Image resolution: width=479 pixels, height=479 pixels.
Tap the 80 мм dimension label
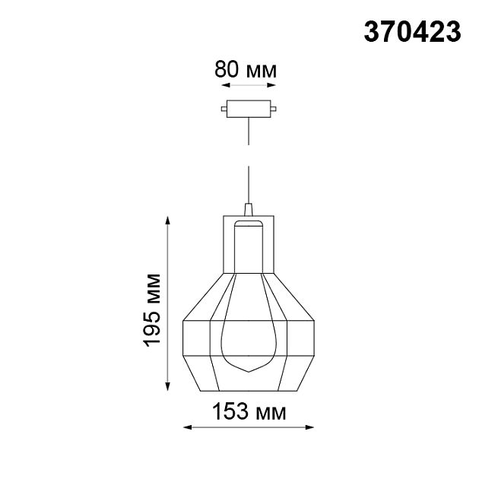246,70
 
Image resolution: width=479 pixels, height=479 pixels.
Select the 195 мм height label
154,308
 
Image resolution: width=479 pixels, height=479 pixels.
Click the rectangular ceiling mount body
248,109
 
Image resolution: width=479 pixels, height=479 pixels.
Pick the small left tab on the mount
223,109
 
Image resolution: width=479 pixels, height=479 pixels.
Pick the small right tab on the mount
273,109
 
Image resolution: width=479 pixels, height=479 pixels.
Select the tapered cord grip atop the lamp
248,208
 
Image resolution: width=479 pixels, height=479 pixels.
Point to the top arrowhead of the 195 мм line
168,220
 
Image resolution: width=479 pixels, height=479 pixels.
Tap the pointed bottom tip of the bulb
248,370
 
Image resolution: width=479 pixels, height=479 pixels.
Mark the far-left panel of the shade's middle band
196,337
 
